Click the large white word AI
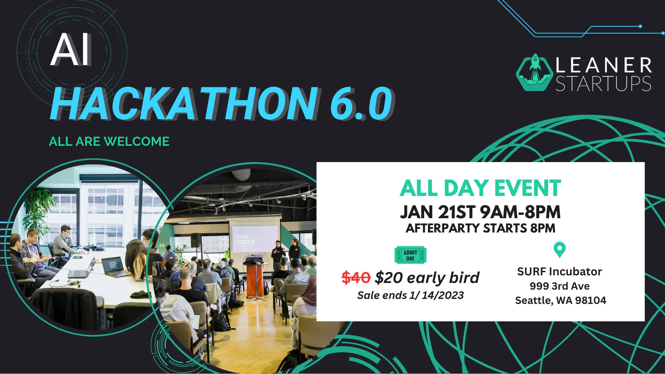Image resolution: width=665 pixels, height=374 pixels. (71, 49)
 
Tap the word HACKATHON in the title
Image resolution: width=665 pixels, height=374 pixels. (185, 103)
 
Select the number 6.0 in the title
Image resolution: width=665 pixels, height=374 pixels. (362, 103)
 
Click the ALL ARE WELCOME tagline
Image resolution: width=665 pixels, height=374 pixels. (109, 141)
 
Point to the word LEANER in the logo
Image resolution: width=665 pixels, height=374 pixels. (603, 65)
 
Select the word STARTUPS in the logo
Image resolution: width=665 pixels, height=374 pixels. (603, 83)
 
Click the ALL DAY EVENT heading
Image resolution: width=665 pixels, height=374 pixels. (480, 188)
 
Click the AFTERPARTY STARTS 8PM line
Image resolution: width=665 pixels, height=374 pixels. (480, 228)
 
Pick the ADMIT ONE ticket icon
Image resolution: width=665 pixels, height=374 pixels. (410, 255)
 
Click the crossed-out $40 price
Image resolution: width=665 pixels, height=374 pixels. (356, 277)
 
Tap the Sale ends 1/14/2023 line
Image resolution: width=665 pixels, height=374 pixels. (410, 295)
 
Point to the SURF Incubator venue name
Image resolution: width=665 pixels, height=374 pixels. (560, 272)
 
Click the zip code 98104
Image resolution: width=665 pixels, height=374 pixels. (591, 300)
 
